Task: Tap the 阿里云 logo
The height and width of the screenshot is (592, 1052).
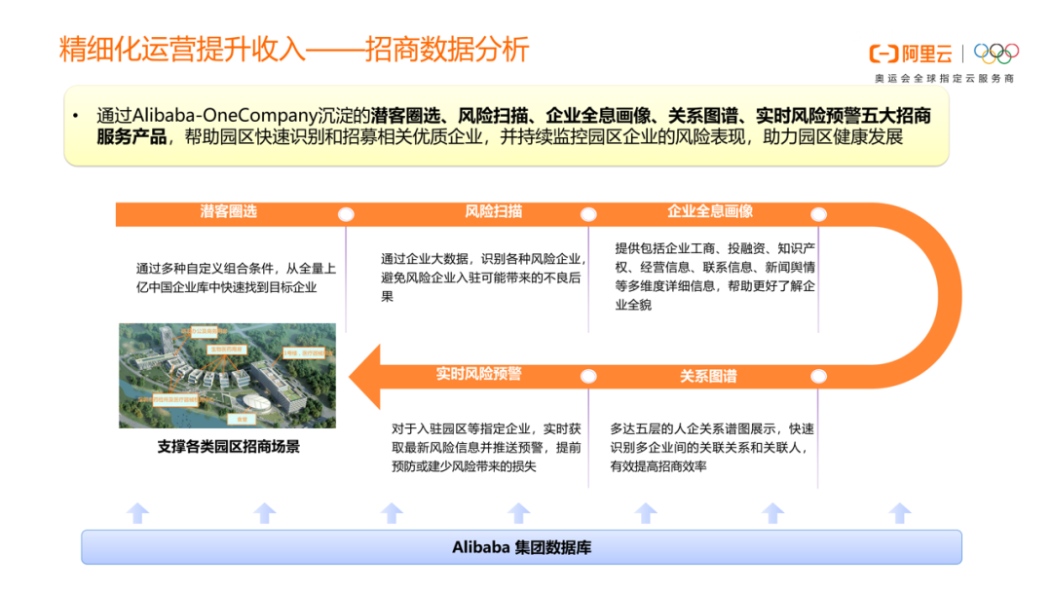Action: (910, 54)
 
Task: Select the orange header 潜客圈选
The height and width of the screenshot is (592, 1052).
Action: (228, 211)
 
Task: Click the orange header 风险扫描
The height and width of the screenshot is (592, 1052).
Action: (494, 211)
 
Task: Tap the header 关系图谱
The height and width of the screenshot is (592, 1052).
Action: (708, 376)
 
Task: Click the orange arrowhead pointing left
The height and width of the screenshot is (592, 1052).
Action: (365, 375)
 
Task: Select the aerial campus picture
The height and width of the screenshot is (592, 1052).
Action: (227, 375)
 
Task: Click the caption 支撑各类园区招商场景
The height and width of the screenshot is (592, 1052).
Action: (228, 447)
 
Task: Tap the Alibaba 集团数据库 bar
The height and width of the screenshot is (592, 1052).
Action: (521, 547)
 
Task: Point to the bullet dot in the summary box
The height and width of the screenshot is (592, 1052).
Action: (76, 116)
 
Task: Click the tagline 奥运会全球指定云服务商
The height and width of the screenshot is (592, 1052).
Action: (944, 78)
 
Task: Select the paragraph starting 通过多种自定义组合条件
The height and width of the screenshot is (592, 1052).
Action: (236, 277)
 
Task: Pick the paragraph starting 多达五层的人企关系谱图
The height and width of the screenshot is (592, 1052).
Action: (712, 447)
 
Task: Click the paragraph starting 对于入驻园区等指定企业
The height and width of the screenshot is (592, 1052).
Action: (486, 447)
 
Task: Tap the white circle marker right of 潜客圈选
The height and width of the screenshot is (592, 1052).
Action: (346, 214)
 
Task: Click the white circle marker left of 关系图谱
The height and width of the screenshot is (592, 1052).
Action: (587, 376)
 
